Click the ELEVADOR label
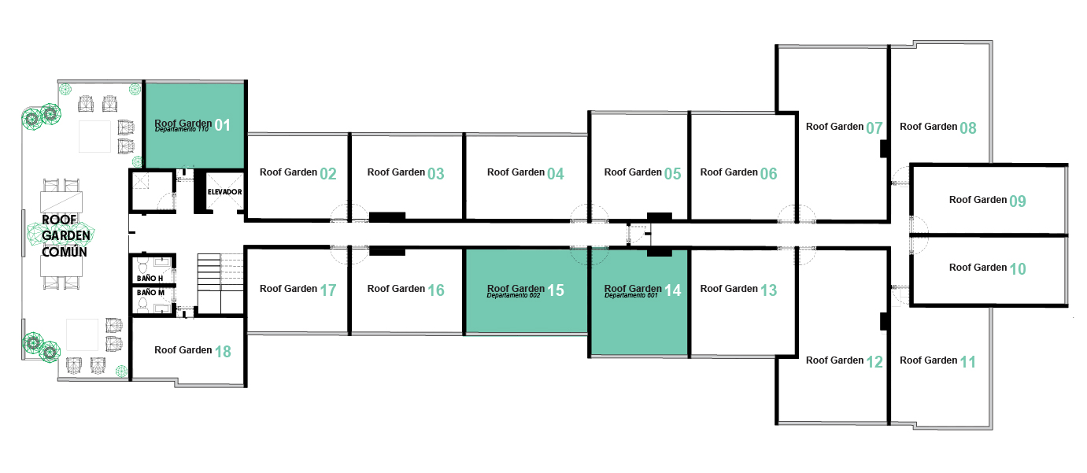point(224,192)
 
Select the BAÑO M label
point(150,293)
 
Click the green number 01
point(223,125)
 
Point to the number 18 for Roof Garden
point(223,352)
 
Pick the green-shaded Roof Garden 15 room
point(526,311)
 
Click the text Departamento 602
point(514,296)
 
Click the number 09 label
point(1017,201)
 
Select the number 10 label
point(1017,269)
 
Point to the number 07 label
point(874,127)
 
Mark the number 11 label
point(968,362)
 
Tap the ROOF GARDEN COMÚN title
point(65,235)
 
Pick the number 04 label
point(556,174)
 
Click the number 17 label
point(328,290)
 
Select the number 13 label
point(769,290)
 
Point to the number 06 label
point(769,174)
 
